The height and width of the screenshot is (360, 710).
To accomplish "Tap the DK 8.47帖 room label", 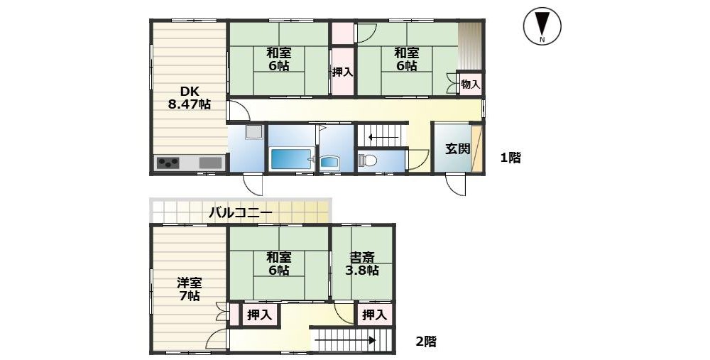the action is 189,97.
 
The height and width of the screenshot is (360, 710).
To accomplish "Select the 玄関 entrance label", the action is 457,148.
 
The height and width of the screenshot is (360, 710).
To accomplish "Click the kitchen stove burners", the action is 168,163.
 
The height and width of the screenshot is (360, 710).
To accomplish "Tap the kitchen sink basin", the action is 210,163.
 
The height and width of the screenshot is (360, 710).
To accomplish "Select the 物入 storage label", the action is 471,84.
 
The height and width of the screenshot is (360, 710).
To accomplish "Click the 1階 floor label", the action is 510,158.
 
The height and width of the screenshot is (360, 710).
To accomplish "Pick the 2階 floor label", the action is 426,341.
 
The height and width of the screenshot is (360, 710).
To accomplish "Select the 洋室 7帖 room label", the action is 189,290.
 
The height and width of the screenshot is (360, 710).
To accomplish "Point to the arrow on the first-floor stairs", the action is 383,137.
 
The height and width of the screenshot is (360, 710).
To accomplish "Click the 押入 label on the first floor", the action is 342,72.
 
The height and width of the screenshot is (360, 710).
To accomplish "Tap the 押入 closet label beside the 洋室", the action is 259,315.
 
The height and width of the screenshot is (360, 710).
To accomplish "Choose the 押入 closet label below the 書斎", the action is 374,315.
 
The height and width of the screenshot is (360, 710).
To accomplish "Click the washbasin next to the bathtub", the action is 330,163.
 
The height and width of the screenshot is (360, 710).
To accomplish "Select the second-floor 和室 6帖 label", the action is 278,264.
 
